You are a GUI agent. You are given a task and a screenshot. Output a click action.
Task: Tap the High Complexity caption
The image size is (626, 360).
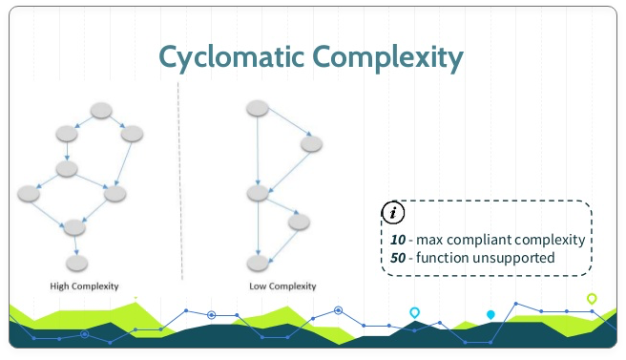[x=84, y=286]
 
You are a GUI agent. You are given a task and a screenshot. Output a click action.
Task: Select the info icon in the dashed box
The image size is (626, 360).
[x=390, y=213]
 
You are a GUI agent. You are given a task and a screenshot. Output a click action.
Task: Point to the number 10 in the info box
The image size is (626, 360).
[x=399, y=240]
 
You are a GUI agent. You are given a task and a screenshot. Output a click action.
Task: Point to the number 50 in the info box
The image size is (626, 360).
[x=399, y=257]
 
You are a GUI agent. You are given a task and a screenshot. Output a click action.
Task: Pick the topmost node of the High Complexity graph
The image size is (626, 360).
[x=102, y=112]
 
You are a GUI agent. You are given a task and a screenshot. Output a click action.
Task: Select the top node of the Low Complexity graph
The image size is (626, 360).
[x=256, y=109]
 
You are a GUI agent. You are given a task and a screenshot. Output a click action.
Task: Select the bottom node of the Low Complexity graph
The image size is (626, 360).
[x=257, y=260]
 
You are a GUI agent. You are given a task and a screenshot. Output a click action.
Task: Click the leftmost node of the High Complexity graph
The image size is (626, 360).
[x=30, y=194]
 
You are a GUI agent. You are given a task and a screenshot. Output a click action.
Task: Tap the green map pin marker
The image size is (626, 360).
[x=592, y=300]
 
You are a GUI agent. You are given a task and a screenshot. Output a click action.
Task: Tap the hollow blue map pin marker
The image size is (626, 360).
[x=415, y=312]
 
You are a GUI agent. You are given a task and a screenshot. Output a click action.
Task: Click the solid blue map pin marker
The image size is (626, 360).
[x=490, y=314]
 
